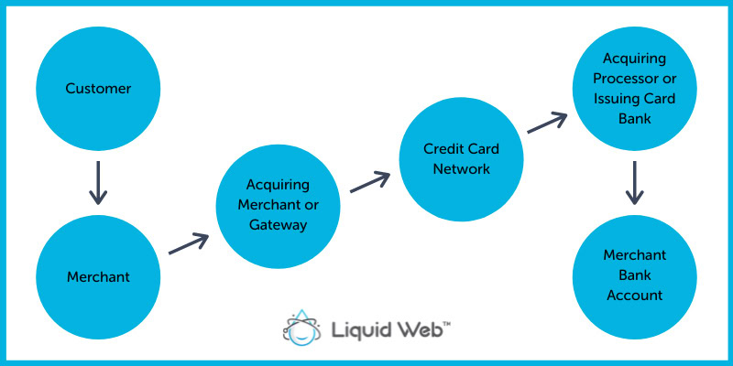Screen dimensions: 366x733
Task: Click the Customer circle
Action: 98,90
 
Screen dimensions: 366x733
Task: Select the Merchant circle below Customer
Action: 98,276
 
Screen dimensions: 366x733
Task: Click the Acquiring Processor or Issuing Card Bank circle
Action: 635,88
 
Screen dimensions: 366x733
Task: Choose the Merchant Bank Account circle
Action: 635,274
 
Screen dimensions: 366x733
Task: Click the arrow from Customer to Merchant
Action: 98,183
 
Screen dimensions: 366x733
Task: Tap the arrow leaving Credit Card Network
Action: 547,124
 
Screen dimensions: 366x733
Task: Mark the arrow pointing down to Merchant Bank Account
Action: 635,183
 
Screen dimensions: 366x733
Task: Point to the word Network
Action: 462,168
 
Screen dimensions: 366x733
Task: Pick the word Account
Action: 635,295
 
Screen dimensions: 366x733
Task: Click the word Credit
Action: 443,148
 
